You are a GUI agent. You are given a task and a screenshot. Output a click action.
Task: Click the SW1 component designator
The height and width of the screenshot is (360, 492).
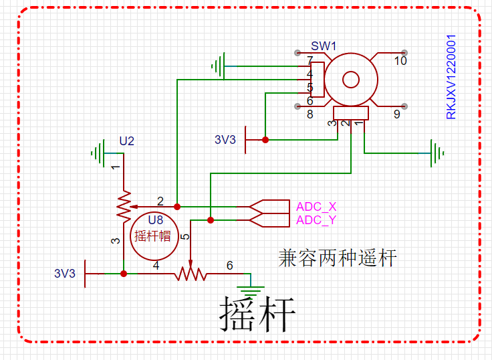coord(324,46)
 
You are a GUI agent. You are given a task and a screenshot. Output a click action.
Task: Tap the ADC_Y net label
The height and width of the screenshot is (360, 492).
coord(316,220)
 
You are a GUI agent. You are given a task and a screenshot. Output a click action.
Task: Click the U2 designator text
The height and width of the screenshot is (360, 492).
coord(126,141)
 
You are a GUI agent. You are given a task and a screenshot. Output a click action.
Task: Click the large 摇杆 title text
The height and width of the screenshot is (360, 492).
coord(257,312)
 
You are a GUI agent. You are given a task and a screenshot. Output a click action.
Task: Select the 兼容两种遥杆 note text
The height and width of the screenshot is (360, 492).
coord(337,257)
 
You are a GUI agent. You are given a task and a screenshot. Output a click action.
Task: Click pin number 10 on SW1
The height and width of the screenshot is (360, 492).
coord(400,61)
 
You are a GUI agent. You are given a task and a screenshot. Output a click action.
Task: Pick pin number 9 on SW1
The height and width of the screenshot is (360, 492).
coord(396,114)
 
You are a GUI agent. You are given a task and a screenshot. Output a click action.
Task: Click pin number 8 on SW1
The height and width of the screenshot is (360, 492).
coord(310,114)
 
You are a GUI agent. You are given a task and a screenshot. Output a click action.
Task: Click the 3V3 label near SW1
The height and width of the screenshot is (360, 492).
coord(225,140)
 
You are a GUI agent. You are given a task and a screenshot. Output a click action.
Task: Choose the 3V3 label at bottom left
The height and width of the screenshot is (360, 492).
coord(65,274)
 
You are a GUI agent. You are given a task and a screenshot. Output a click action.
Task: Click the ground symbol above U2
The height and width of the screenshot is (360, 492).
coord(100,153)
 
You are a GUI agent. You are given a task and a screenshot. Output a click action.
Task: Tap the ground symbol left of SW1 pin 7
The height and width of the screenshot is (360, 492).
coord(217,66)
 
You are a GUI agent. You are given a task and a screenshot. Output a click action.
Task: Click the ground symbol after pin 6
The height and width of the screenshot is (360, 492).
coord(251,288)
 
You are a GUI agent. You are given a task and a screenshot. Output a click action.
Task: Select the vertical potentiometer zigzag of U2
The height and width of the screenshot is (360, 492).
coord(124,207)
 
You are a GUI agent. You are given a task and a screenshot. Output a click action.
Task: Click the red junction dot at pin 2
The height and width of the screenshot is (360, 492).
coord(177,207)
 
